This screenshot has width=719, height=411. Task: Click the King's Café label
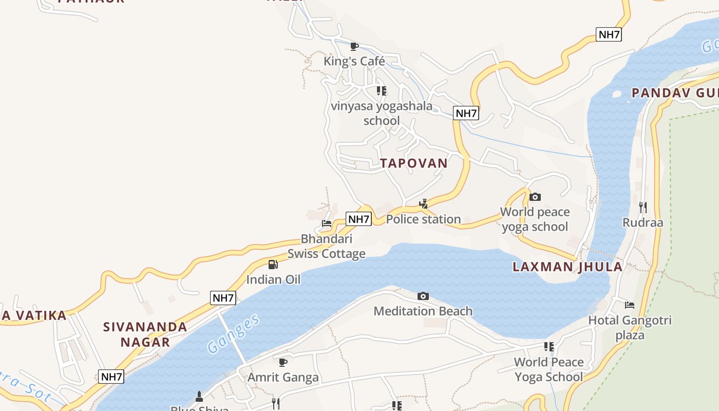[x=354, y=62]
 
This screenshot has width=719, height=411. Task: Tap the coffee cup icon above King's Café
[x=354, y=47]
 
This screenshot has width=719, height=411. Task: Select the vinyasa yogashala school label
[x=382, y=114]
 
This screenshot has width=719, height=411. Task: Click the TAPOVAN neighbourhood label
[x=414, y=163]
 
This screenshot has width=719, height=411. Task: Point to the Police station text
[x=423, y=219]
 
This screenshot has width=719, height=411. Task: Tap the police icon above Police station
[x=423, y=204]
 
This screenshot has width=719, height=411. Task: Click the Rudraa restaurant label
[x=642, y=222]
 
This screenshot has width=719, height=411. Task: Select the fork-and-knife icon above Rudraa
[x=642, y=208]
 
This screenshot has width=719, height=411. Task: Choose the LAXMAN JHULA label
[x=567, y=267]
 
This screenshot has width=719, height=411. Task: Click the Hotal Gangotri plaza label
[x=630, y=328]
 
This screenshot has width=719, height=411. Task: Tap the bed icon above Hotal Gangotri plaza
[x=630, y=305]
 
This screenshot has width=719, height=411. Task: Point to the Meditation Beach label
[x=423, y=311]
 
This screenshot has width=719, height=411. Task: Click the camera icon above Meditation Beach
[x=423, y=296]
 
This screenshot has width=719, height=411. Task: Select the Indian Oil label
[x=273, y=279]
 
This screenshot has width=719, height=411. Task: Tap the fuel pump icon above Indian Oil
[x=273, y=265]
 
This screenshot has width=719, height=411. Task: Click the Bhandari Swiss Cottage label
[x=327, y=246]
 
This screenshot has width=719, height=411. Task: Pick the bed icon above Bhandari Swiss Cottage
[x=327, y=223]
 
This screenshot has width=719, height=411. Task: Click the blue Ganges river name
[x=234, y=334]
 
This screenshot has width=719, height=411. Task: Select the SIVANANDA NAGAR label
[x=145, y=334]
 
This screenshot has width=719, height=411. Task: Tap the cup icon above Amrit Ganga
[x=283, y=362]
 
